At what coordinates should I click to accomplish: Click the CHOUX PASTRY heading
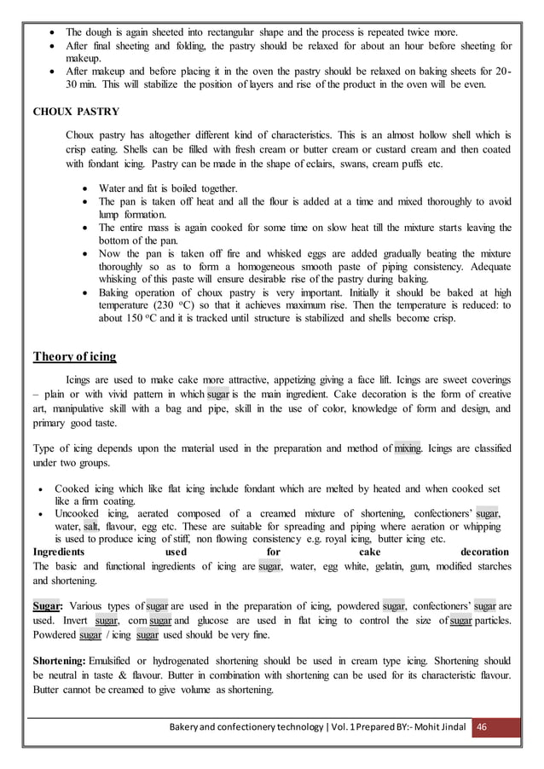point(75,111)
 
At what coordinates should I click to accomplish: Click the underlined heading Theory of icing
point(74,356)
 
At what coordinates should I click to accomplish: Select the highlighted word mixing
point(408,448)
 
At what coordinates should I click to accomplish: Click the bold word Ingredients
point(61,552)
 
